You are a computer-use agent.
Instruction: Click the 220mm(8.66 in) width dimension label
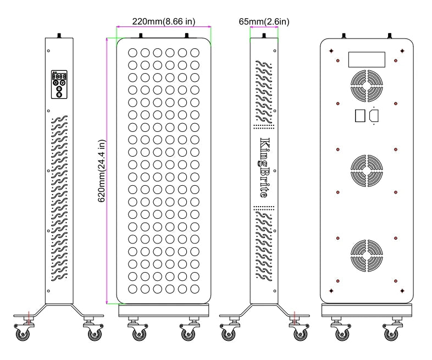click(x=164, y=21)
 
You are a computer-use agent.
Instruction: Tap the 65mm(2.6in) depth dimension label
click(x=264, y=21)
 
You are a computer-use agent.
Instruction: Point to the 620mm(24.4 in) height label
click(x=102, y=171)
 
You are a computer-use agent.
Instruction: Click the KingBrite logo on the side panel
click(x=264, y=168)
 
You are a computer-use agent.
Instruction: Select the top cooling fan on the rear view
click(x=367, y=86)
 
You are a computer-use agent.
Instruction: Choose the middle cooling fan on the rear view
click(x=367, y=170)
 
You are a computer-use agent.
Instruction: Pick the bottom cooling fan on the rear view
click(x=367, y=256)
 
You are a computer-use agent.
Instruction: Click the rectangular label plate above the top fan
click(x=367, y=59)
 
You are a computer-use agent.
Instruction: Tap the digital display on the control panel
click(x=59, y=76)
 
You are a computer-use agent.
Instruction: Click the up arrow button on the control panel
click(x=56, y=82)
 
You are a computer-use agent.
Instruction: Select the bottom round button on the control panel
click(x=59, y=95)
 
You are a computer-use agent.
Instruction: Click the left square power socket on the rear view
click(x=360, y=115)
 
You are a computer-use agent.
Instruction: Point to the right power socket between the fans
click(x=374, y=115)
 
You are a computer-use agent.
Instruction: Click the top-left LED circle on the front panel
click(x=132, y=53)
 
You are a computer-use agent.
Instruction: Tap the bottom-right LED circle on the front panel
click(x=195, y=289)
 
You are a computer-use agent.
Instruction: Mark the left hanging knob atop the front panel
click(x=141, y=36)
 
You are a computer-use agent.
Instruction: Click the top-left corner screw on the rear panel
click(x=331, y=51)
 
